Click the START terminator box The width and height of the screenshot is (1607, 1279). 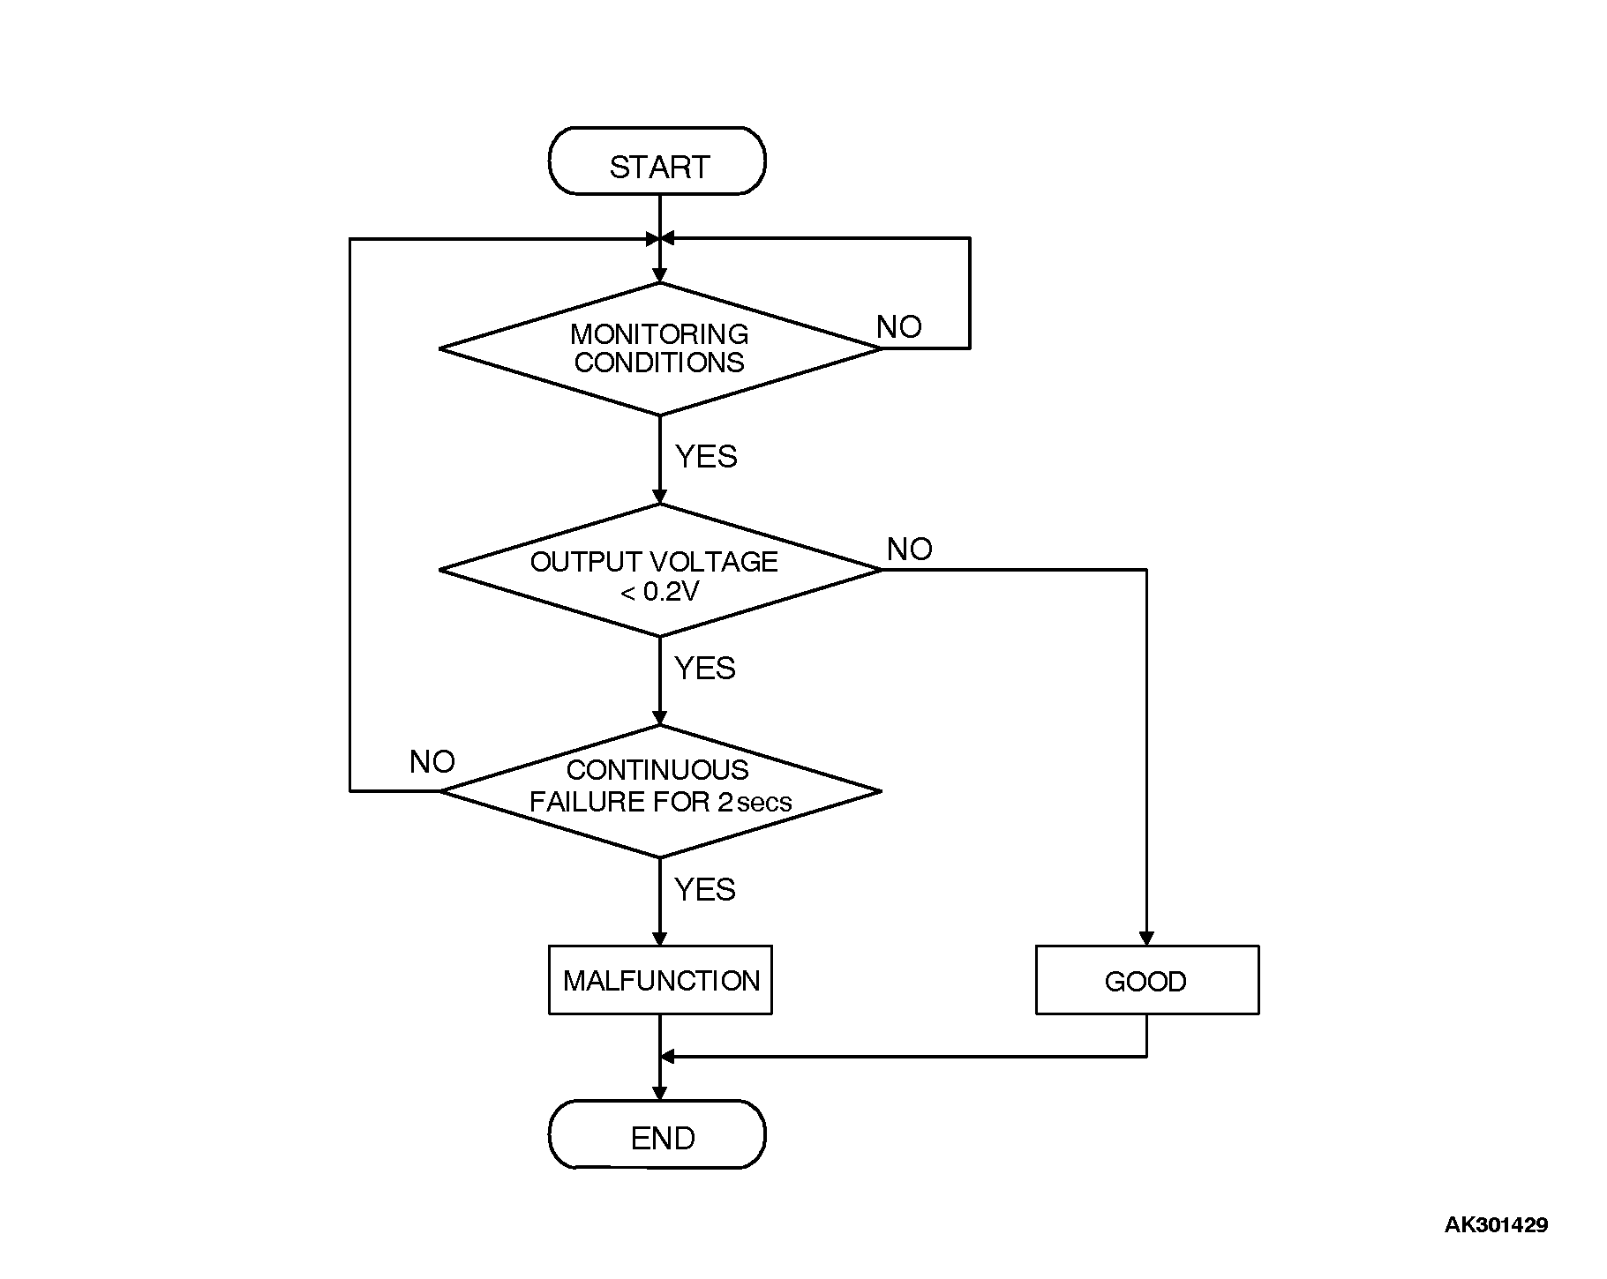[x=657, y=162]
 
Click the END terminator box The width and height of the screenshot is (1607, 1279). [x=657, y=1134]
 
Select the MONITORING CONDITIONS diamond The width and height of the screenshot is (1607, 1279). [x=659, y=349]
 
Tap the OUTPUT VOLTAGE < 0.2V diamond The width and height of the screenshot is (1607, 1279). [x=659, y=571]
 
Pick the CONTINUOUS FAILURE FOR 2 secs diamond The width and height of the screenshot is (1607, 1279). [x=659, y=791]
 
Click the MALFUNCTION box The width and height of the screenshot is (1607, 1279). [x=660, y=980]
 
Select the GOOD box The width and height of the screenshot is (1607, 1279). [x=1146, y=980]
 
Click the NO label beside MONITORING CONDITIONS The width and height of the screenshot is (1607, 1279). [x=898, y=327]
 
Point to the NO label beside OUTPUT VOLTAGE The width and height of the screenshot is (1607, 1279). [x=909, y=550]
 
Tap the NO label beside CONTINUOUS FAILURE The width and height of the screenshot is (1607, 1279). [x=432, y=762]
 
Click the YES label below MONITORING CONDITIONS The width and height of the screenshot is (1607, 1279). [x=706, y=457]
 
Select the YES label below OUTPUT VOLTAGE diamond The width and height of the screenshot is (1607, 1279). [x=704, y=669]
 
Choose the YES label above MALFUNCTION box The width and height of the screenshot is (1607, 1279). [x=704, y=890]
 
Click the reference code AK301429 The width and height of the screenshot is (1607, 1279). [x=1496, y=1224]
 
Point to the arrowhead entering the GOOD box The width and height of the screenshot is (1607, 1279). [x=1146, y=939]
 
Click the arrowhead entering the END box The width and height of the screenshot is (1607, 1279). [x=659, y=1093]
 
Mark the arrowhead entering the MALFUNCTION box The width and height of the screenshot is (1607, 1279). [x=659, y=939]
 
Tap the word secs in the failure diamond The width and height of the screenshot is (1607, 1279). [x=764, y=804]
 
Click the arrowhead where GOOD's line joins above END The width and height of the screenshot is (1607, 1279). [x=668, y=1056]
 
